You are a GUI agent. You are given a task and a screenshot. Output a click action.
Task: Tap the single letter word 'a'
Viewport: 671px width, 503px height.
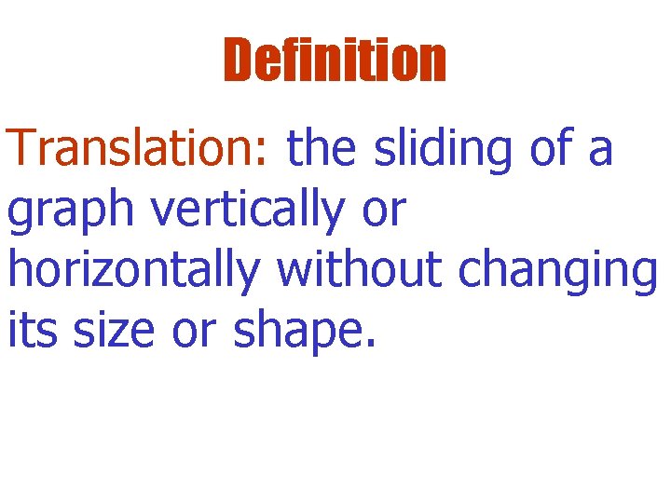point(601,152)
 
